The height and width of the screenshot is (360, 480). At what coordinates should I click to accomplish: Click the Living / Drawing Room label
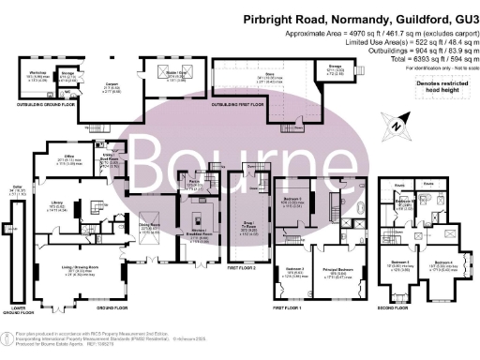(x=69, y=273)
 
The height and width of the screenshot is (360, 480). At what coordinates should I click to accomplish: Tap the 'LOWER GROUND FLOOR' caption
(x=12, y=306)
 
